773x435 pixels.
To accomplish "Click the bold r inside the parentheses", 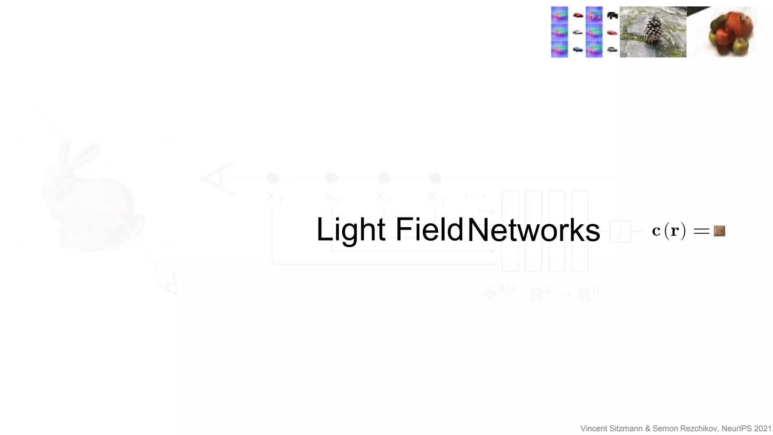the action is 674,231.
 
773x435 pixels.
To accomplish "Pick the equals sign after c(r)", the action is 701,231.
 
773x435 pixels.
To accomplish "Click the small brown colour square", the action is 719,231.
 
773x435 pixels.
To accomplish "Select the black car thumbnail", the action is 612,15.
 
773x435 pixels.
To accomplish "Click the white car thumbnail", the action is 577,32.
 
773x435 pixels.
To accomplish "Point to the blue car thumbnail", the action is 577,49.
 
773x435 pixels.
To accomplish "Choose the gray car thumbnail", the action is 612,49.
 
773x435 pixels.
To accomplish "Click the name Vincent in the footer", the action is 594,429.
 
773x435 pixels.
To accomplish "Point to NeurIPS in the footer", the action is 736,429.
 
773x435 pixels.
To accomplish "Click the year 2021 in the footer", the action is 763,429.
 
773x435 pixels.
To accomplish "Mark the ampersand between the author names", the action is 648,429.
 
